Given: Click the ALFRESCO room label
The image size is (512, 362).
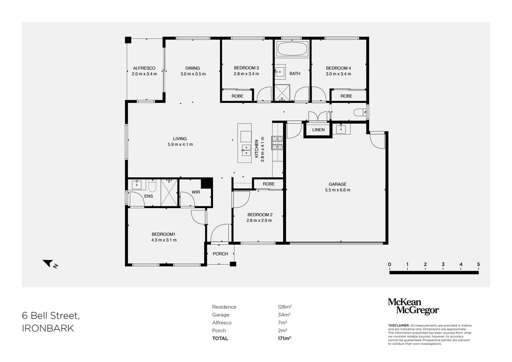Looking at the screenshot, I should tap(144, 68).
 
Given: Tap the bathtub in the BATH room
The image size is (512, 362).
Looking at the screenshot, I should tap(292, 50).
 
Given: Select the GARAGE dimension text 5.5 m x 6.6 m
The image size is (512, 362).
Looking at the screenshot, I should tap(337, 190).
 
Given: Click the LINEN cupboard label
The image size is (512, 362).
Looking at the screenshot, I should tap(318, 130).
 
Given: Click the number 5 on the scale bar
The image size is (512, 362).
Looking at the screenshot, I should tap(478, 264).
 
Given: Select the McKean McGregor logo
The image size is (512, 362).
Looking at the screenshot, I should tap(413, 306).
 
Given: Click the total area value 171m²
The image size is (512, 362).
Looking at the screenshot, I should tap(283, 339).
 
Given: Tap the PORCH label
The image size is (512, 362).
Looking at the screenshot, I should tap(220, 254).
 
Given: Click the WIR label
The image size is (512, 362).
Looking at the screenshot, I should tap(196, 192).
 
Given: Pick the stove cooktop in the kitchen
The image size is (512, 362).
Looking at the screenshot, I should tap(277, 143).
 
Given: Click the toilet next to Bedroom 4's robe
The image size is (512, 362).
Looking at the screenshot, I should tap(360, 112).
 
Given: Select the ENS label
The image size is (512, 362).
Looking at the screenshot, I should tap(149, 196).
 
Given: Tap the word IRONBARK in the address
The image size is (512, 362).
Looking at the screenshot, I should tap(48, 328).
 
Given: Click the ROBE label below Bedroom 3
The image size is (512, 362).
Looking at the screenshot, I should tap(237, 96).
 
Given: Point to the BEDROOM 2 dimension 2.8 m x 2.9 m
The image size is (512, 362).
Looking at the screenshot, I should tap(259, 221).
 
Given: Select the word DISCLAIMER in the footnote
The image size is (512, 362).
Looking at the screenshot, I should tap(399, 325).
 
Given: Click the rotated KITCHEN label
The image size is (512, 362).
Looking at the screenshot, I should tap(257, 149).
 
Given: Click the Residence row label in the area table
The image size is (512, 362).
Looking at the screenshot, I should tap(224, 307).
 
